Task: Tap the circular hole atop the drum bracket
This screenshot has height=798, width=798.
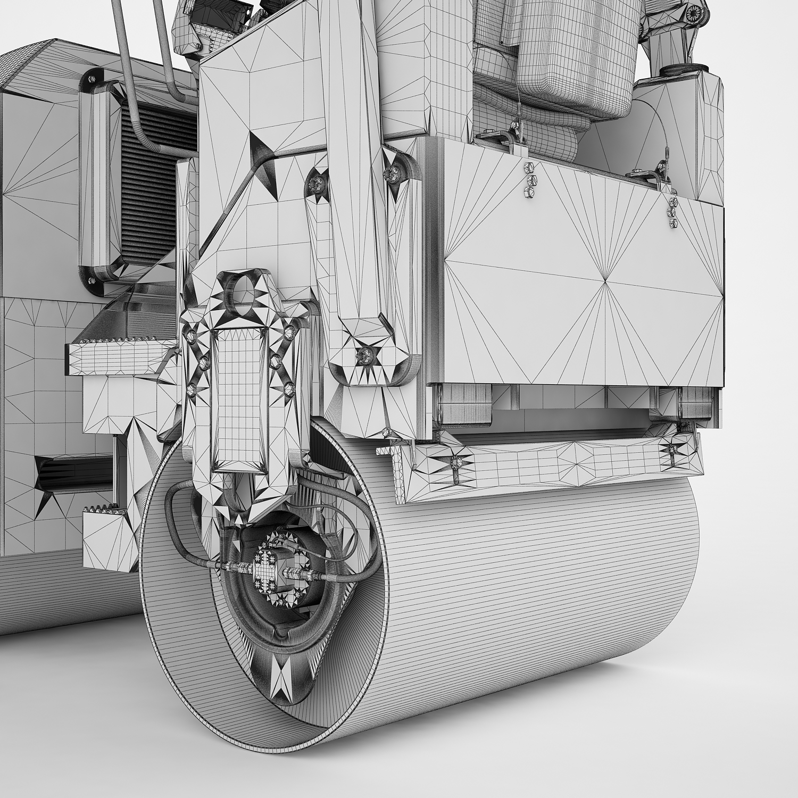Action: [x=245, y=289]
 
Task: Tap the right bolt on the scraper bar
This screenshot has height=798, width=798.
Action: [x=672, y=450]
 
